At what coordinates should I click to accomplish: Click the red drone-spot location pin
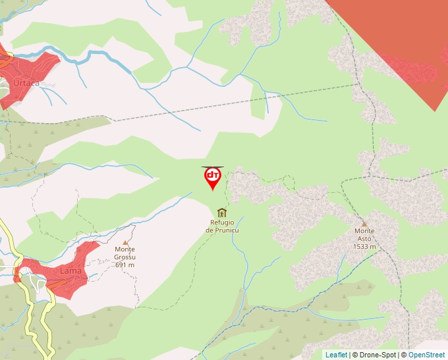213,178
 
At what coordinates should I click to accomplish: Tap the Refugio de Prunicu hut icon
221,213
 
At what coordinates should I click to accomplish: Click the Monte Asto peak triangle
364,224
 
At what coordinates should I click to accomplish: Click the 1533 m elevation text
364,247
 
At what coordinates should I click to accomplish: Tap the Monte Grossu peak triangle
125,242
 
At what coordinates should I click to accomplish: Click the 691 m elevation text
125,265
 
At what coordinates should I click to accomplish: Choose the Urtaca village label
26,84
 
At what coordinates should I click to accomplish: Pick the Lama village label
70,270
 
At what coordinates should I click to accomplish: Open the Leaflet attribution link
336,355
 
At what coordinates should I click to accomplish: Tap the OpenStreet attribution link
426,355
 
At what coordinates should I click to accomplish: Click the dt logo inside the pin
213,175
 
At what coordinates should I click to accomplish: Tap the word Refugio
222,222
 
